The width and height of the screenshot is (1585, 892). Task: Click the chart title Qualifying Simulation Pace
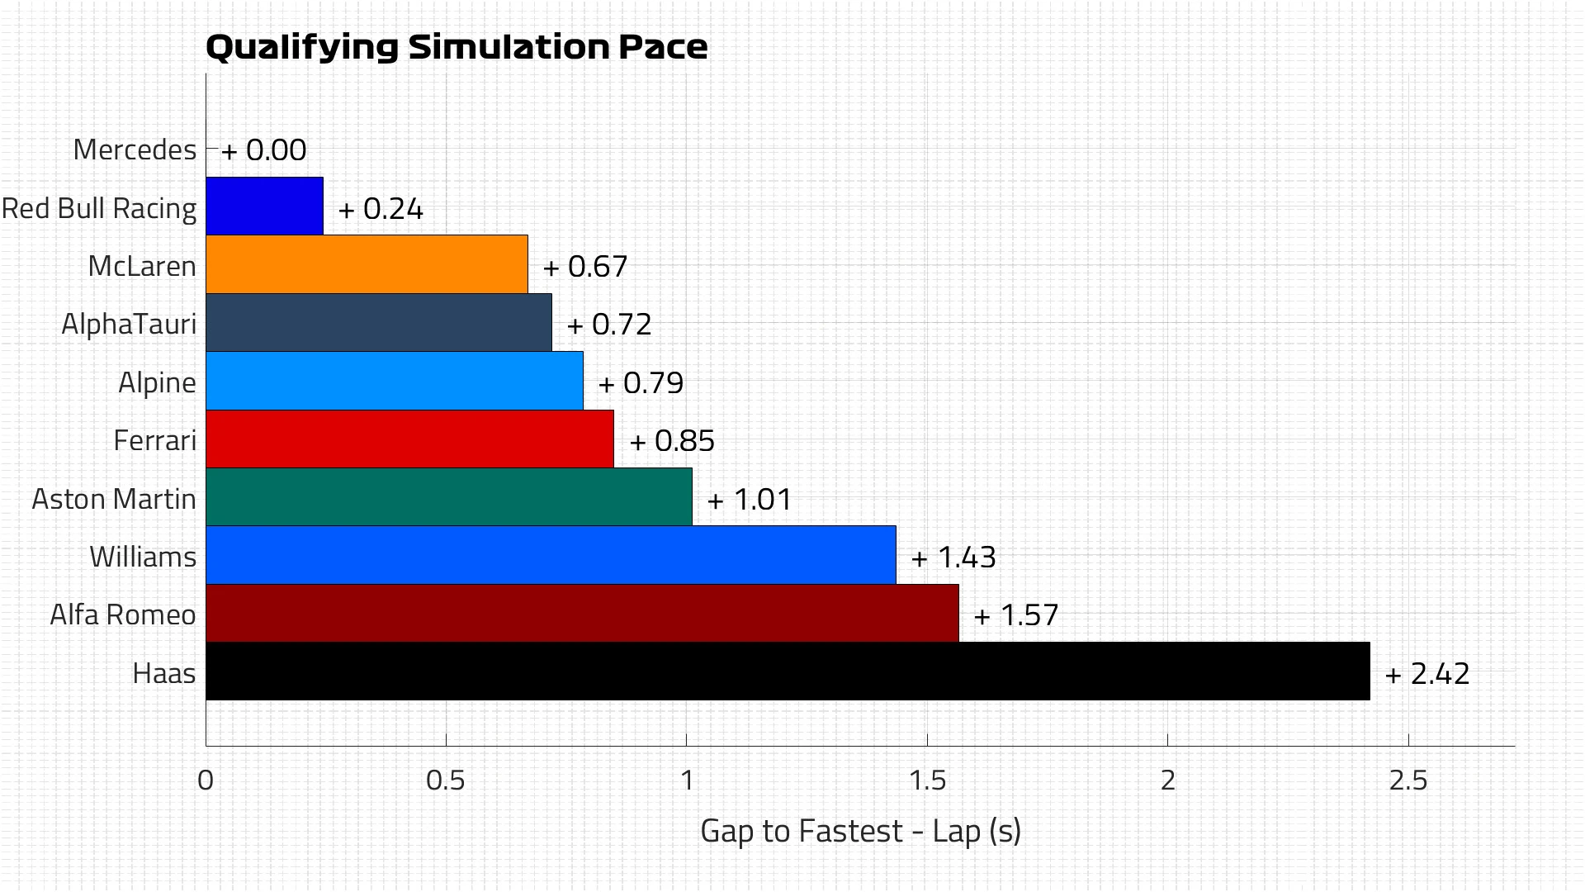pos(456,47)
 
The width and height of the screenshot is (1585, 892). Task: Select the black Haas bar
pos(788,671)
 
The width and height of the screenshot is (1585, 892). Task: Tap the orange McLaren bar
pos(367,264)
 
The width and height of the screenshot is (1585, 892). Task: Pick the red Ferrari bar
pos(409,439)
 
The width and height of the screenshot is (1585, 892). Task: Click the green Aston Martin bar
pos(449,497)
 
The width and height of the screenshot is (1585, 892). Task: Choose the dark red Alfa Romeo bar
pos(582,614)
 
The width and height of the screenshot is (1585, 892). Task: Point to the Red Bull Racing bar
pos(264,206)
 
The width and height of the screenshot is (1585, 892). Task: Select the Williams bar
pos(551,555)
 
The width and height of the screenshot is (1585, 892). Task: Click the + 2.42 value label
pos(1427,674)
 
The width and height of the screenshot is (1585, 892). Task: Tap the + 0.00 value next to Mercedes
pos(264,150)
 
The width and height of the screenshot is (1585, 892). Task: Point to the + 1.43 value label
pos(953,557)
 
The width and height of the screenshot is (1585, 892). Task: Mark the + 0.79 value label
pos(641,383)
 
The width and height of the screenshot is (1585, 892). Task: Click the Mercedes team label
pos(135,150)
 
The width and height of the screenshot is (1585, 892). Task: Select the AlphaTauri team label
pos(129,324)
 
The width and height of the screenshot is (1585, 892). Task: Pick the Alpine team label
pos(157,382)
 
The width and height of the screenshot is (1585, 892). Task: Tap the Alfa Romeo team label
pos(123,614)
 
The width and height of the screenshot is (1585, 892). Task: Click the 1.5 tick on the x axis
pos(927,780)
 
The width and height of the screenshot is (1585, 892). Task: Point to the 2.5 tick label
pos(1408,780)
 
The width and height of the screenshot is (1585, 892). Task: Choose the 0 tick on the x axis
pos(206,780)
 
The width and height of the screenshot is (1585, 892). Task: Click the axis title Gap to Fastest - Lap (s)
pos(860,831)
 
